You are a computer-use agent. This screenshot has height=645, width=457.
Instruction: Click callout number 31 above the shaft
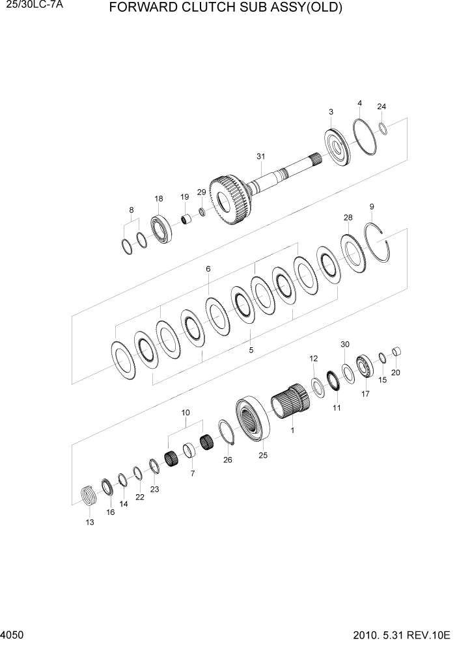tap(260, 157)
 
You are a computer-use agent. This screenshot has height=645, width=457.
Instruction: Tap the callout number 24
tap(381, 107)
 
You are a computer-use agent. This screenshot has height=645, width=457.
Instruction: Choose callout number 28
tap(348, 217)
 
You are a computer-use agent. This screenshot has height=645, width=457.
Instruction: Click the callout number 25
tap(263, 456)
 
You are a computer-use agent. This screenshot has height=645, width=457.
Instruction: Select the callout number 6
tap(208, 269)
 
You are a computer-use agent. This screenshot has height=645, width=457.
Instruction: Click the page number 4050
tap(13, 633)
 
